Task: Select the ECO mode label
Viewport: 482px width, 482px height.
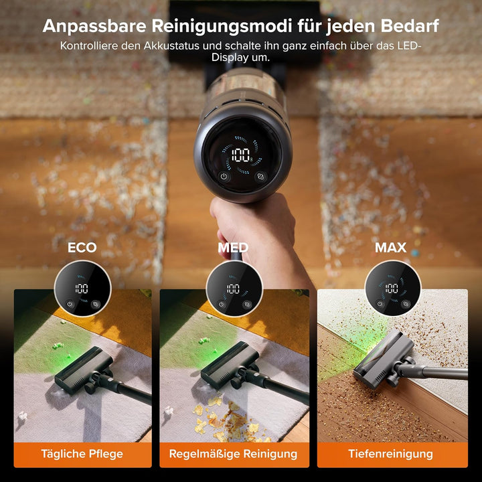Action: (82, 248)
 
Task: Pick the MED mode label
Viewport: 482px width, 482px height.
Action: (233, 248)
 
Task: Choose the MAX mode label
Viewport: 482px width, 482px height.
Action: (390, 248)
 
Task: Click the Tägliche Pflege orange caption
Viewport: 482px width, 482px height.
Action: (82, 454)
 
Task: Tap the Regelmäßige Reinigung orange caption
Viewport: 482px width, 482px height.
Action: (233, 454)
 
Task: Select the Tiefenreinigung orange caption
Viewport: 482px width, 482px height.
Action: (390, 454)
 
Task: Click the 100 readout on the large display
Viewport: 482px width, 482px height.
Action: (240, 156)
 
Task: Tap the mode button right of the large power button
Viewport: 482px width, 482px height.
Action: (260, 177)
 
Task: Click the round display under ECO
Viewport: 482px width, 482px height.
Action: (82, 289)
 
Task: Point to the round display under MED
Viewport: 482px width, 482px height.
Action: (233, 289)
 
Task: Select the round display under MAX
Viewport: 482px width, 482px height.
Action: (392, 289)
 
